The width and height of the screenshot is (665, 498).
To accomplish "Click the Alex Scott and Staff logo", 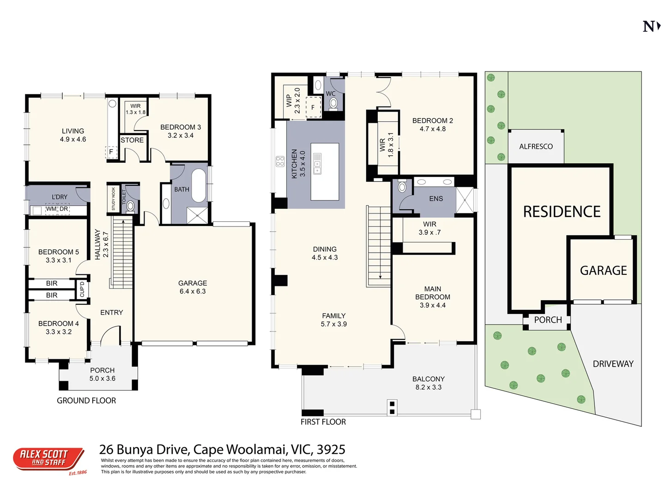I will (x=48, y=459).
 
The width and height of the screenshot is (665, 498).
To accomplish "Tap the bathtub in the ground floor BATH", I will (x=199, y=186).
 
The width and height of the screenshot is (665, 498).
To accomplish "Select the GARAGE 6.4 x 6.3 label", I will (x=193, y=287).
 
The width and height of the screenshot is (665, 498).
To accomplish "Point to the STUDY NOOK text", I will (x=114, y=199).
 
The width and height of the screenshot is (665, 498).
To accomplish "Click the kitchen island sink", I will (x=317, y=164).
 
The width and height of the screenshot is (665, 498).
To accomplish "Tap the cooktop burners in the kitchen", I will (x=280, y=161).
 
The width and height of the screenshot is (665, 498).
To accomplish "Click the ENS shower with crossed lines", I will (x=465, y=200).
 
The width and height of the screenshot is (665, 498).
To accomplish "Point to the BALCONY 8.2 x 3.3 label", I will (x=428, y=383).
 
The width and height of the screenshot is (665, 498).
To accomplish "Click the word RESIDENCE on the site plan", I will (x=562, y=212).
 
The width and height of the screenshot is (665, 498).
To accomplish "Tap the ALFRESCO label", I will (x=536, y=147).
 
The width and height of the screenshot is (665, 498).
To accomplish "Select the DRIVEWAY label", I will (x=613, y=364).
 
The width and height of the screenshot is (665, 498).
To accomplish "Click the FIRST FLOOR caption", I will (x=323, y=422).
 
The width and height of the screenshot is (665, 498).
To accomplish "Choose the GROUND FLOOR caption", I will (x=86, y=401).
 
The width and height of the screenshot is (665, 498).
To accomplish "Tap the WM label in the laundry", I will (x=51, y=209).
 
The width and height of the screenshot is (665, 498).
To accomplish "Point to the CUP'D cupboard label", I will (x=82, y=290).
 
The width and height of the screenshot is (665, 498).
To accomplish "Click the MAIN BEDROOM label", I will (x=432, y=297).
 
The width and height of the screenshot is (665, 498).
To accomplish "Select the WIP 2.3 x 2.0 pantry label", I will (x=293, y=101).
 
